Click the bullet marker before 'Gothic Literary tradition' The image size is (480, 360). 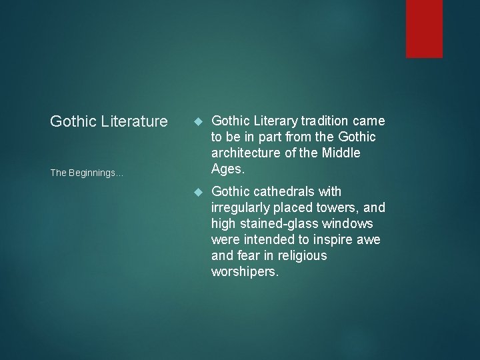tap(197, 121)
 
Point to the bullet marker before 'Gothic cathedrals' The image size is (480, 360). tap(197, 192)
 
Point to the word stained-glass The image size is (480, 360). tap(275, 223)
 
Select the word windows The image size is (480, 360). tap(349, 223)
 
